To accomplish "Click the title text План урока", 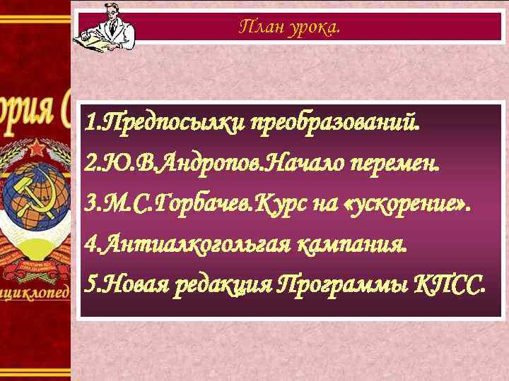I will [289, 28].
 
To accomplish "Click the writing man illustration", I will [103, 26].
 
